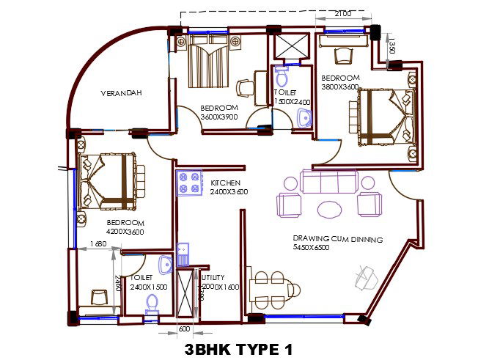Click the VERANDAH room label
click(x=121, y=93)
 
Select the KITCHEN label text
click(x=226, y=182)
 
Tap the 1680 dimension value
click(x=98, y=243)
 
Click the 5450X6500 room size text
click(x=311, y=247)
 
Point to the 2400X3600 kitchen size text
click(x=229, y=191)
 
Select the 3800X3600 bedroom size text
click(x=340, y=87)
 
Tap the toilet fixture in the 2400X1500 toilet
click(x=152, y=304)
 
